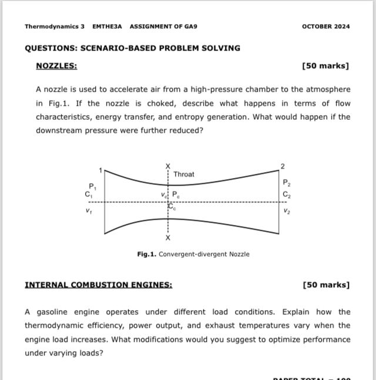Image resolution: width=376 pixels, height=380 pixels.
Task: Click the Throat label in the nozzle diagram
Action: (x=184, y=174)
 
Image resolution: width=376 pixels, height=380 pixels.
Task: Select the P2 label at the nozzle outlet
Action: (x=286, y=183)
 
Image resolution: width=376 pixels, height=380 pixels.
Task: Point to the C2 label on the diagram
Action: (x=286, y=195)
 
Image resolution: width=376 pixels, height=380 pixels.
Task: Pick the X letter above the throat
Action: (x=168, y=166)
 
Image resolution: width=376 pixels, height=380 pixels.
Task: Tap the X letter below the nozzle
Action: (x=168, y=238)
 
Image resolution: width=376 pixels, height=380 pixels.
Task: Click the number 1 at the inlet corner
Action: (x=100, y=170)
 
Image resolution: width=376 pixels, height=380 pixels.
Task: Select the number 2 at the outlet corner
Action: (x=283, y=166)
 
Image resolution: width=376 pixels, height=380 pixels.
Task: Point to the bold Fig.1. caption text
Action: (x=147, y=254)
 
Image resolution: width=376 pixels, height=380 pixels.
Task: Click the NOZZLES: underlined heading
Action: (x=56, y=66)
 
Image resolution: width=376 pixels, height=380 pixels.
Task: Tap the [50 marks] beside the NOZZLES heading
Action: (x=325, y=66)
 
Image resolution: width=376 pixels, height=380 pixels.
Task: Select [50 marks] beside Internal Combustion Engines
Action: (x=326, y=285)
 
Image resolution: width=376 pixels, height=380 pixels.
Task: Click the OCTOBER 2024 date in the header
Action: (x=325, y=26)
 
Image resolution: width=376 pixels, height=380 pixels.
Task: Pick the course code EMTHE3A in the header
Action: (x=107, y=26)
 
